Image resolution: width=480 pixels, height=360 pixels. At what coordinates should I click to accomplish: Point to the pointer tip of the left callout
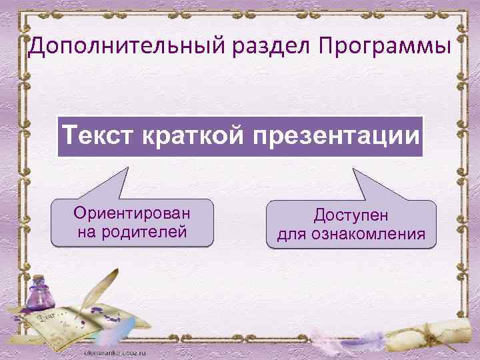pyautogui.click(x=126, y=167)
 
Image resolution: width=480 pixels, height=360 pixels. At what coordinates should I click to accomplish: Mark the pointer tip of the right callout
pyautogui.click(x=354, y=167)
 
